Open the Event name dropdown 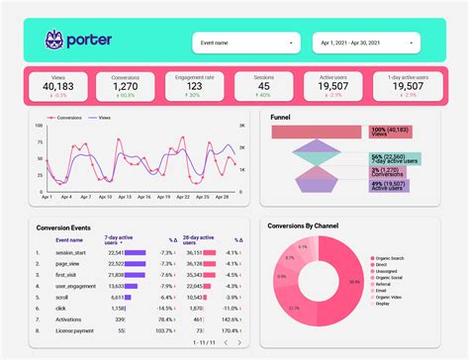(245, 44)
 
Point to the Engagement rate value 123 (195, 86)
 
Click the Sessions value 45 (264, 86)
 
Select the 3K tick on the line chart (241, 127)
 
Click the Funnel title (281, 116)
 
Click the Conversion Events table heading (64, 226)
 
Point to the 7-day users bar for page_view (135, 264)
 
